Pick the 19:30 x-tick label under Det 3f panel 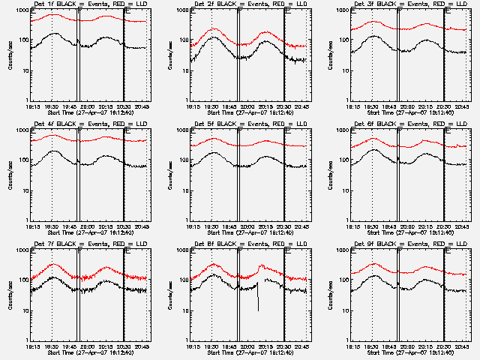point(373,106)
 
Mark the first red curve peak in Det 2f point(214,29)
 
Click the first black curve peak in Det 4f point(53,151)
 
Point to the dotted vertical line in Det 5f point(212,180)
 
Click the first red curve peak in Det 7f point(53,264)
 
